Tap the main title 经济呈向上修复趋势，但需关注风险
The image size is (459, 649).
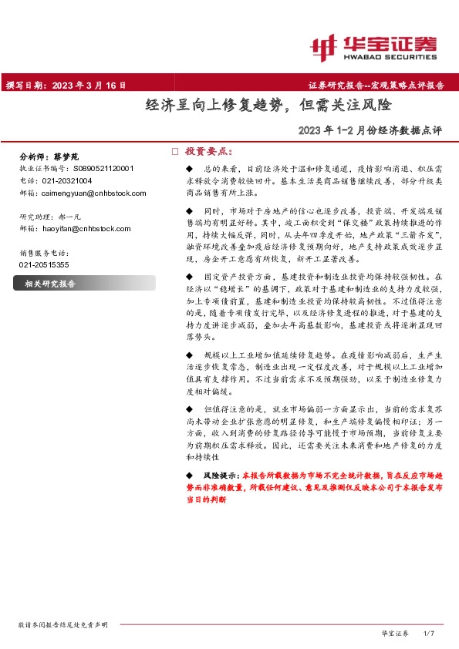pyautogui.click(x=268, y=106)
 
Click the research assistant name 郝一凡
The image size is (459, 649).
pyautogui.click(x=80, y=217)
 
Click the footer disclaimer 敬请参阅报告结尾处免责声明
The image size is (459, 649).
pyautogui.click(x=62, y=624)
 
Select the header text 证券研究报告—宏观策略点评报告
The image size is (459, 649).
pyautogui.click(x=376, y=86)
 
